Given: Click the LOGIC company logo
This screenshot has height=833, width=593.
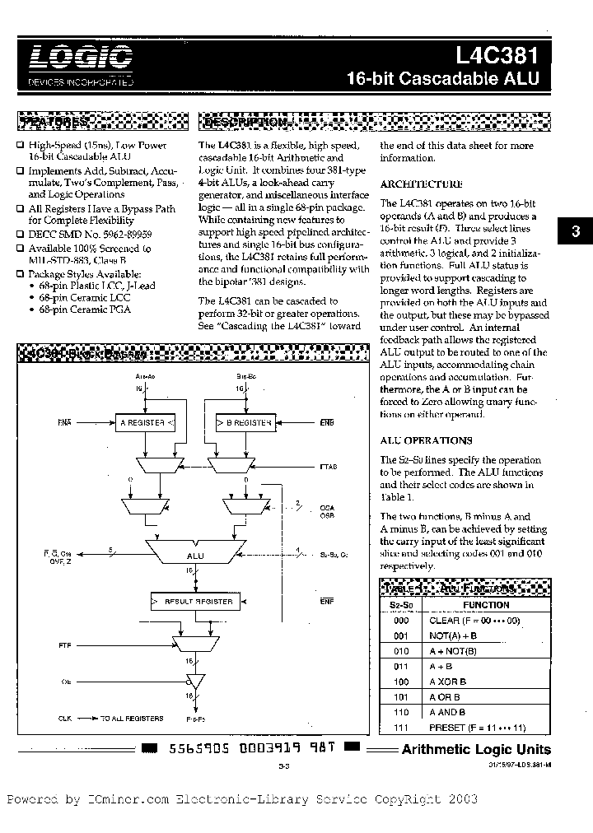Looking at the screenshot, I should coord(80,58).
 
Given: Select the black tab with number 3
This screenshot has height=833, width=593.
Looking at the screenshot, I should coord(576,233).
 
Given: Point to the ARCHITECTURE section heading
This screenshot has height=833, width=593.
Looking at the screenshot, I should coord(421,184).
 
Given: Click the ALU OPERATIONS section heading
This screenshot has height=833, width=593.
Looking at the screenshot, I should coord(426,440).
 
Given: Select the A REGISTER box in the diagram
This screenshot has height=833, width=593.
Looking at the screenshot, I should coord(145,422).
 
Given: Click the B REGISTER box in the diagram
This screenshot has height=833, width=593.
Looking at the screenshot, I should coord(245,422).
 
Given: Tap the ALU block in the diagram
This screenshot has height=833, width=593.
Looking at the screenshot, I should coord(195,556).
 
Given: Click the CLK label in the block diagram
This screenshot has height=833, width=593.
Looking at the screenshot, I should coord(65,718).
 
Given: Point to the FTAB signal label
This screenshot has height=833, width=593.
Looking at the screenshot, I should coord(328,467).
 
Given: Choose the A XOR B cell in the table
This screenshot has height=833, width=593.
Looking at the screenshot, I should coord(447,682).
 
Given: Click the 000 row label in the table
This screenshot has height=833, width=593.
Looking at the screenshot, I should coord(401,621).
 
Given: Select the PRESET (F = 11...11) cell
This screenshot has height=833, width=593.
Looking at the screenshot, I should coord(477,728).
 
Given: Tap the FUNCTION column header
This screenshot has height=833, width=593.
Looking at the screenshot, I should coord(486,604).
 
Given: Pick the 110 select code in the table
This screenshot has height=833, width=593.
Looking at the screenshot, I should coord(401,712).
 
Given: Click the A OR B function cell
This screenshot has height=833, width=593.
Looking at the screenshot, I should coord(446,696).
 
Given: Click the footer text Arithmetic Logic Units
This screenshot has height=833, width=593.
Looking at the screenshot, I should coord(476,749).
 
